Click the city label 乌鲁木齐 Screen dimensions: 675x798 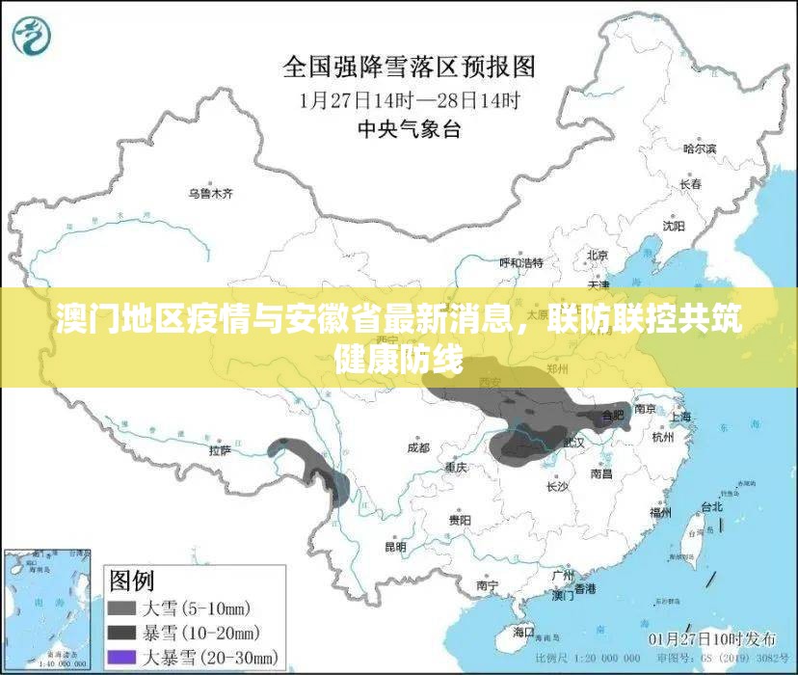pyautogui.click(x=210, y=194)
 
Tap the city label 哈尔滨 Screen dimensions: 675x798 pyautogui.click(x=700, y=148)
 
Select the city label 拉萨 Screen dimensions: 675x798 pyautogui.click(x=220, y=449)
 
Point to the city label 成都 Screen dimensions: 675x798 pyautogui.click(x=417, y=447)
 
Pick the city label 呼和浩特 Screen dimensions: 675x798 pyautogui.click(x=520, y=262)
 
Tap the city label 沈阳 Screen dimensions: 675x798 pyautogui.click(x=674, y=226)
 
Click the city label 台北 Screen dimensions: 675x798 pyautogui.click(x=711, y=505)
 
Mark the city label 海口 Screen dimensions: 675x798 pyautogui.click(x=524, y=631)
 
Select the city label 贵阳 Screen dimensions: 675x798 pyautogui.click(x=460, y=520)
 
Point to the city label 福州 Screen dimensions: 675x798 pyautogui.click(x=660, y=513)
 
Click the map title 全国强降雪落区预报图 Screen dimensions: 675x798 pyautogui.click(x=409, y=67)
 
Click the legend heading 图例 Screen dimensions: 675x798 pyautogui.click(x=132, y=580)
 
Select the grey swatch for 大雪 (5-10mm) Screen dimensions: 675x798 pyautogui.click(x=120, y=608)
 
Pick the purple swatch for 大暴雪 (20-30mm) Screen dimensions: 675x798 pyautogui.click(x=120, y=658)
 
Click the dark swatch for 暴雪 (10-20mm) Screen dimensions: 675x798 pyautogui.click(x=120, y=634)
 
